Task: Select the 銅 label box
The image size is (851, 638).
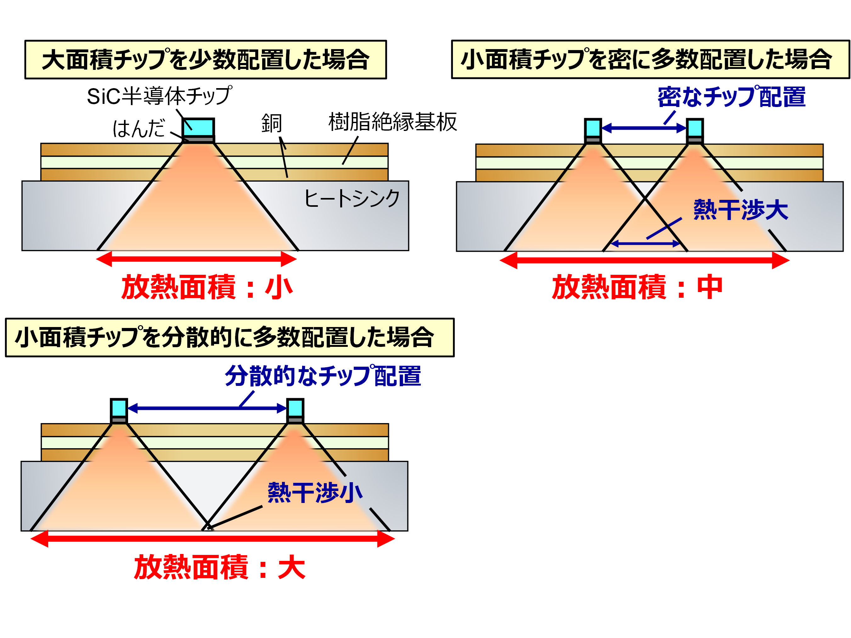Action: [284, 123]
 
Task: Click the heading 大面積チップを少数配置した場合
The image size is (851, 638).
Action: [206, 59]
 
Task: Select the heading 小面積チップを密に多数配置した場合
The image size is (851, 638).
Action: [650, 59]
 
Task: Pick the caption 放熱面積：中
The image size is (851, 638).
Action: [638, 287]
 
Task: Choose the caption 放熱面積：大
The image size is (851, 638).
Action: [220, 567]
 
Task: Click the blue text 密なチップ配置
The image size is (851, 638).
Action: [731, 97]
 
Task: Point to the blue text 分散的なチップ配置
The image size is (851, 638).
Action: [323, 376]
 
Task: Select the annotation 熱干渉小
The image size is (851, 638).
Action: [315, 493]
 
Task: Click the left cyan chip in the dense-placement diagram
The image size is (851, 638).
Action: [593, 128]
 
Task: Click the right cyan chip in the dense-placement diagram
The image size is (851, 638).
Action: [695, 128]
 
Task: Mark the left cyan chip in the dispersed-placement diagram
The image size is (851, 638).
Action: [119, 408]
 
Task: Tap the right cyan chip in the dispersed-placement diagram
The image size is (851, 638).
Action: [295, 408]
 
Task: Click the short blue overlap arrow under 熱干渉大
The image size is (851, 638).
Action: [645, 244]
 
